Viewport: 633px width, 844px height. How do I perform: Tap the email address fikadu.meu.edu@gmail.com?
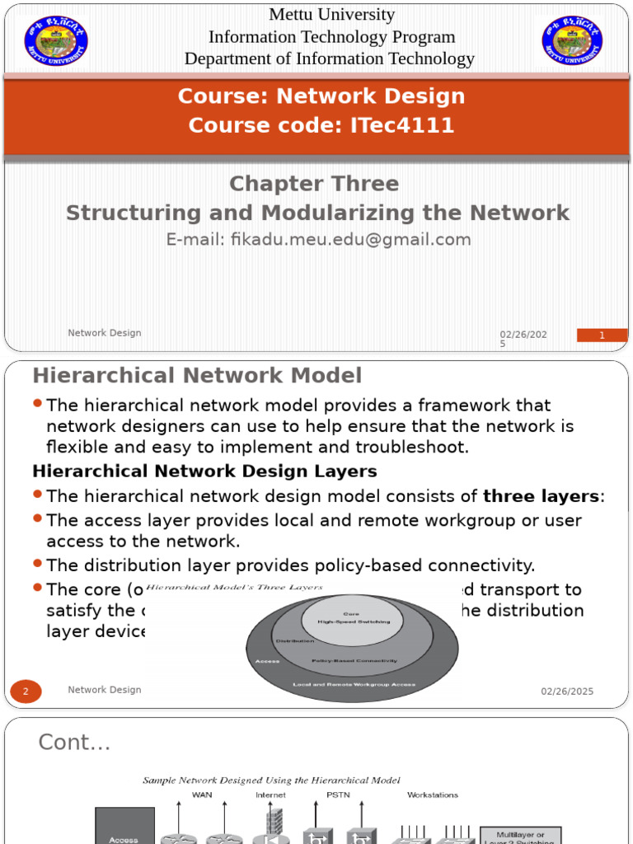click(318, 240)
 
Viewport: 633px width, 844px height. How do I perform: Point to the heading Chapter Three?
click(314, 183)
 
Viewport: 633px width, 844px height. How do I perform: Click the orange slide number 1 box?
click(602, 335)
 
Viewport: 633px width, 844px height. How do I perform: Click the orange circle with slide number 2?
click(26, 691)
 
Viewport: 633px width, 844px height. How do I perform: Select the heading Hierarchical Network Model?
click(197, 376)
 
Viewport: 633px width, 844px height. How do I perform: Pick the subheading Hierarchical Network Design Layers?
click(204, 471)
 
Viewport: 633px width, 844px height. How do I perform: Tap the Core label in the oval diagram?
click(352, 614)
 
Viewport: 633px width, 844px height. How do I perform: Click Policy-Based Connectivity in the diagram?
click(354, 660)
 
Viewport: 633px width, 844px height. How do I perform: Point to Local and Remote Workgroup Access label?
click(354, 684)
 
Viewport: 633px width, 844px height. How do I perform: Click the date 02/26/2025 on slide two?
click(567, 692)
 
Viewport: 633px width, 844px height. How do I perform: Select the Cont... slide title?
click(74, 743)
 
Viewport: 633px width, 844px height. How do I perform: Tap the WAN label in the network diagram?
click(202, 795)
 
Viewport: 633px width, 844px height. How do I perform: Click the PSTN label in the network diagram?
click(339, 795)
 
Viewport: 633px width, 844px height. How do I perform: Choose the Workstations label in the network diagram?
click(433, 795)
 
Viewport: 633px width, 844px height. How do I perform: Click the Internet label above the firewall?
click(270, 795)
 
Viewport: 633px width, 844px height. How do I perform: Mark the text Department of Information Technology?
click(330, 59)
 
